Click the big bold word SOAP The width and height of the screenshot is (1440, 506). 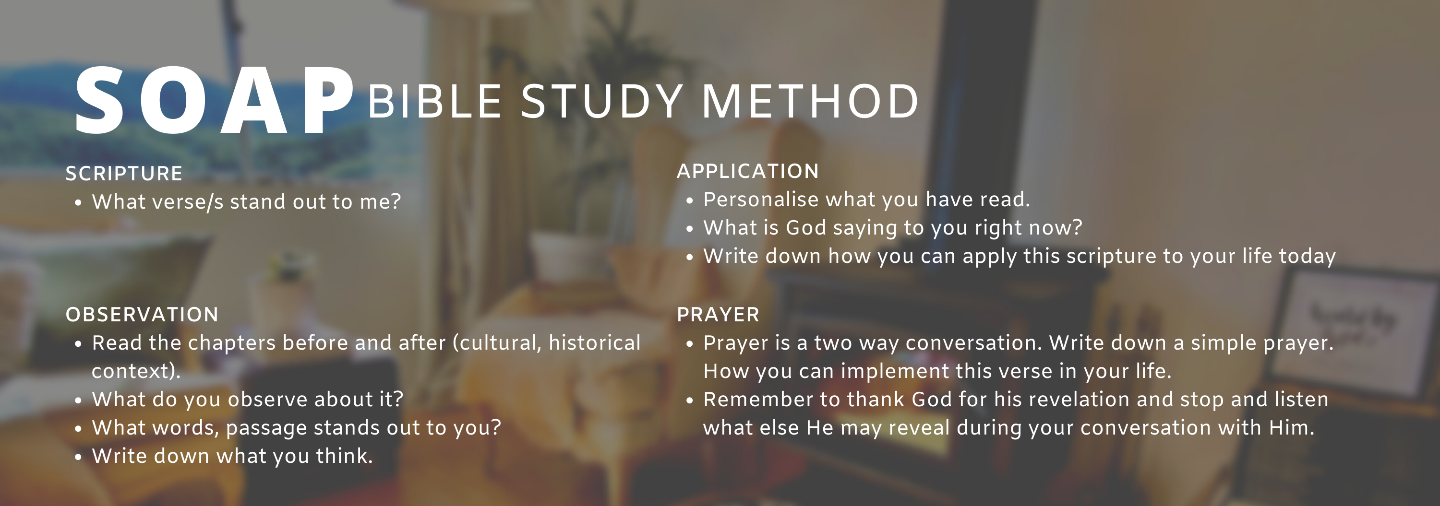click(215, 101)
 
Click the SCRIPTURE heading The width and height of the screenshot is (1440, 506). click(124, 174)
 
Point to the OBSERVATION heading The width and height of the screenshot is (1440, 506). click(142, 315)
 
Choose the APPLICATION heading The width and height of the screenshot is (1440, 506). click(748, 171)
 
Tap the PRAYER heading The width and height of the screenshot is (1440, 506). click(719, 315)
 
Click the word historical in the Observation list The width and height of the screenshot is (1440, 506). click(595, 343)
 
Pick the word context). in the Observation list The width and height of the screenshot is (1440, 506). click(136, 371)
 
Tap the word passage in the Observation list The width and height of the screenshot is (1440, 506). click(266, 428)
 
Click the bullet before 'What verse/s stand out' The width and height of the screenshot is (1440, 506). click(78, 203)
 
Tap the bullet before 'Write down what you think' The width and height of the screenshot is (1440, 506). click(78, 458)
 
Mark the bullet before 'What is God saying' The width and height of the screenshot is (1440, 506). click(689, 229)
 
